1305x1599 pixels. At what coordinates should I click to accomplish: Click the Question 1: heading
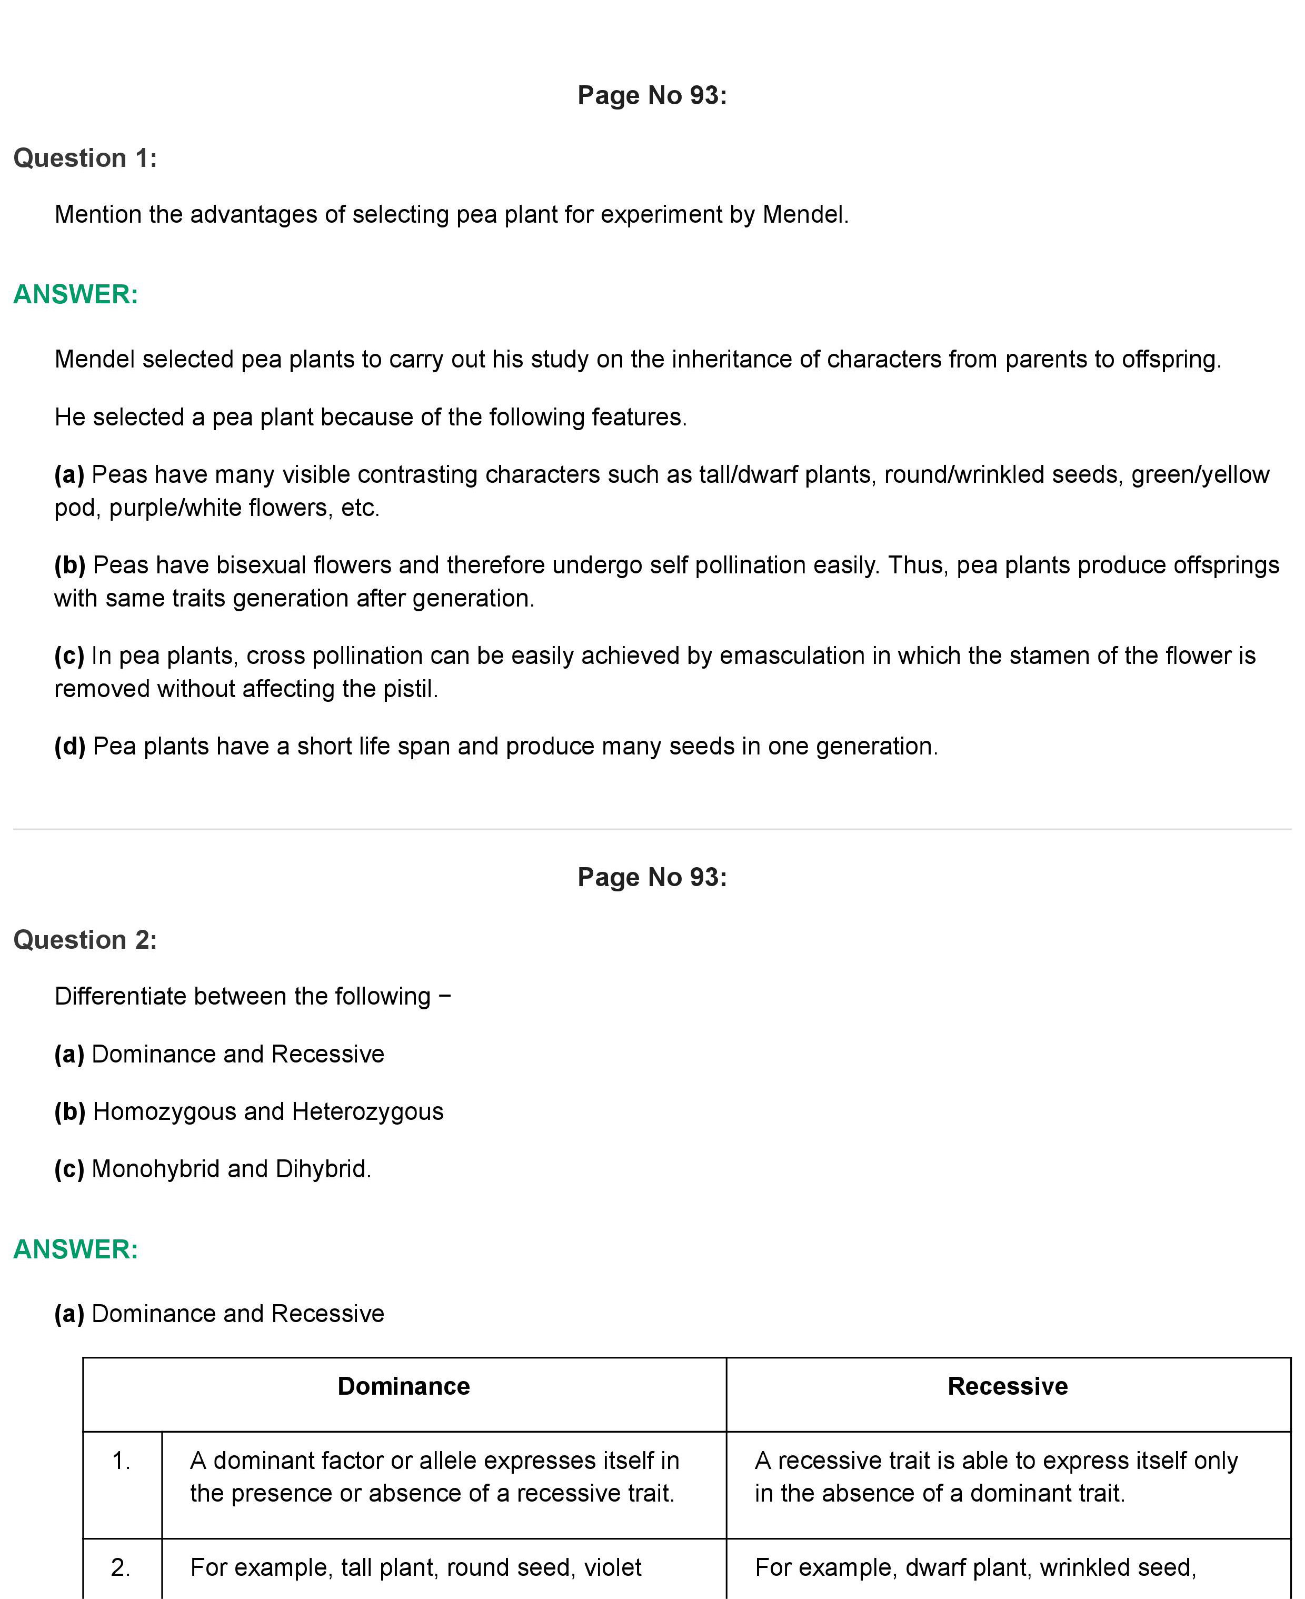[x=85, y=158]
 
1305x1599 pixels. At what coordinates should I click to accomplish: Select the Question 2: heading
[x=85, y=940]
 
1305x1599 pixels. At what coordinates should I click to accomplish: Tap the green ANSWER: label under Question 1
[x=76, y=295]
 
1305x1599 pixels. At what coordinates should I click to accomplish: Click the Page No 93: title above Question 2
[x=652, y=877]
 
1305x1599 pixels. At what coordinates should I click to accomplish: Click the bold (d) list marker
[x=70, y=747]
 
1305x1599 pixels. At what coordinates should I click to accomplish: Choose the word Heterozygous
[x=367, y=1112]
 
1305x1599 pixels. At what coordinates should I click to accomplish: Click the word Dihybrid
[x=323, y=1169]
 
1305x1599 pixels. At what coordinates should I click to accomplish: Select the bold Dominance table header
[x=404, y=1386]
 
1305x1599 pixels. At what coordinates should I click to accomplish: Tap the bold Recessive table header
[x=1008, y=1386]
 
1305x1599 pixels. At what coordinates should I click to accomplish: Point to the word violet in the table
[x=613, y=1567]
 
